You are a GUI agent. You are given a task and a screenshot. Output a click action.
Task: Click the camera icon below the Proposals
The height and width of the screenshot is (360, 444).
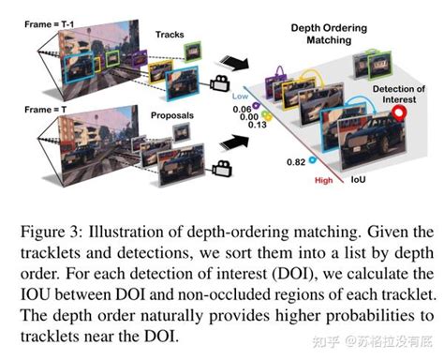(x=223, y=169)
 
